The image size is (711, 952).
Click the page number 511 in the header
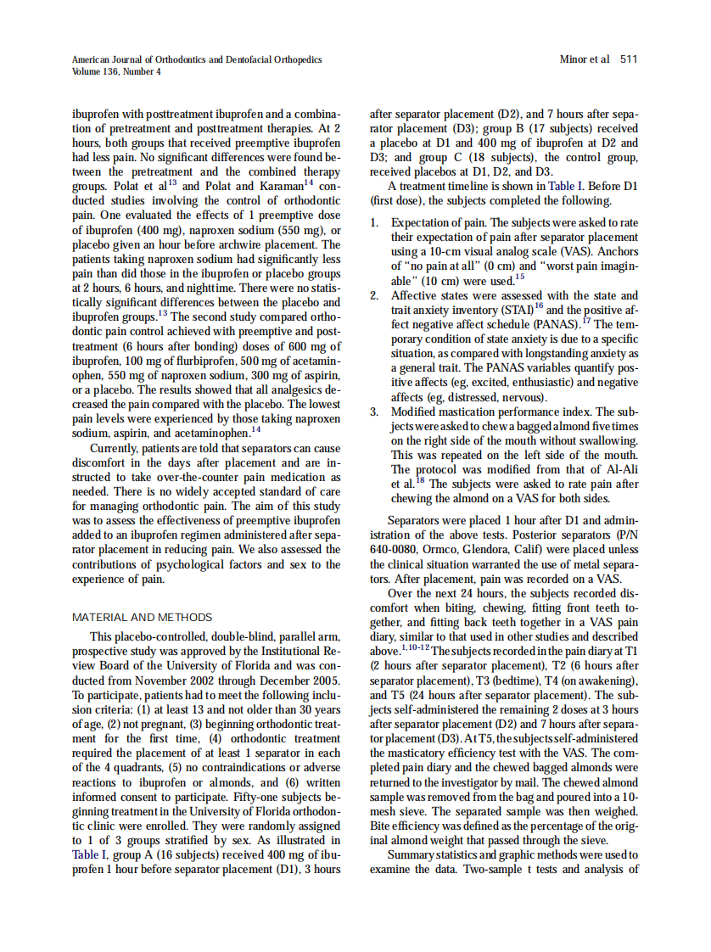629,59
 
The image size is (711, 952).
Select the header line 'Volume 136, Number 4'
116,71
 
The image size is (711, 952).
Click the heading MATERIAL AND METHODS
143,617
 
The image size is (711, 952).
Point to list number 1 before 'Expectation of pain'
375,223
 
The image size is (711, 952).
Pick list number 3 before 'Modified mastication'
375,412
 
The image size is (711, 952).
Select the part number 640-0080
395,548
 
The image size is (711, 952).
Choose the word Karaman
279,186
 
